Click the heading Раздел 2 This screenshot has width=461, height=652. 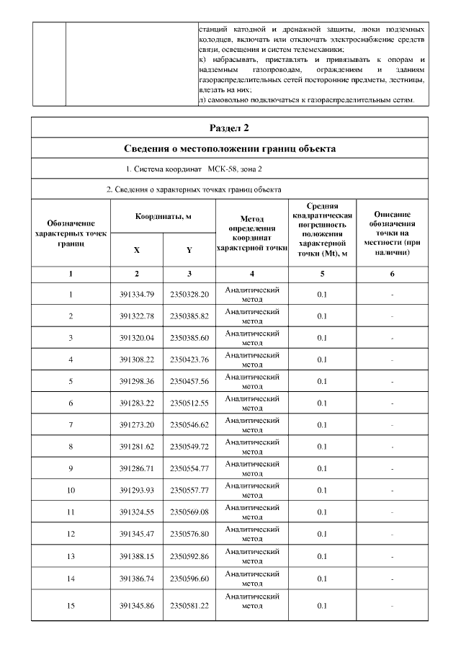click(x=229, y=128)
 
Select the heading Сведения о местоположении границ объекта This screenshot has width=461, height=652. click(x=229, y=150)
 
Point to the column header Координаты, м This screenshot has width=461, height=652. click(x=164, y=216)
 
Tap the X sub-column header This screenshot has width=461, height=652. click(x=137, y=251)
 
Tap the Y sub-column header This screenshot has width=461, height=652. click(x=189, y=251)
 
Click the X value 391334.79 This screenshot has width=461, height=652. click(x=137, y=294)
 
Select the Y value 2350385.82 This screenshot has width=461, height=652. click(x=189, y=316)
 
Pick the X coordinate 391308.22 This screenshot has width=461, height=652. click(x=137, y=359)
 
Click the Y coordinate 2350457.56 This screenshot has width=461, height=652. click(x=189, y=380)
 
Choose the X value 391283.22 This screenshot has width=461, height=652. click(x=137, y=403)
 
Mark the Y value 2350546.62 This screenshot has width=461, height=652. click(x=189, y=424)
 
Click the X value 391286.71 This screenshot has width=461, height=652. click(x=137, y=468)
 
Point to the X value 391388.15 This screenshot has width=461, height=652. click(x=137, y=555)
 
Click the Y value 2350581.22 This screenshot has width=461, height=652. click(x=189, y=606)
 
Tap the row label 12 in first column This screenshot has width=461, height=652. click(x=71, y=534)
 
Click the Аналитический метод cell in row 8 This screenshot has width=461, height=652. click(x=252, y=446)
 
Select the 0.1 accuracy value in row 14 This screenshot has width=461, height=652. click(x=322, y=578)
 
